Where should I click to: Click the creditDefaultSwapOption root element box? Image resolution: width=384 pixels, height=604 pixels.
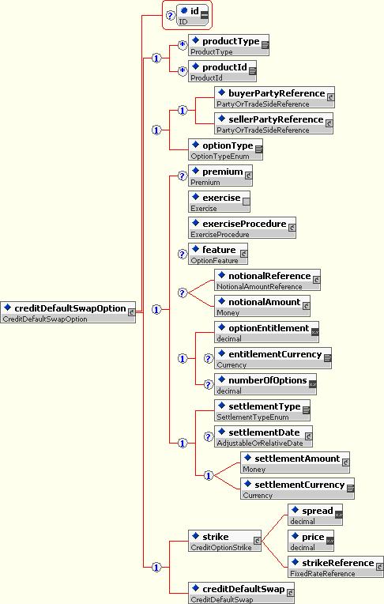pyautogui.click(x=68, y=312)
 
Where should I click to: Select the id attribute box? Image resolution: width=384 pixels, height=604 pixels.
pyautogui.click(x=193, y=15)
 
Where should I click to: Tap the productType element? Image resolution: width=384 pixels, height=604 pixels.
pyautogui.click(x=228, y=45)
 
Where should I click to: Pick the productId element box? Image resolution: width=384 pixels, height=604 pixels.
pyautogui.click(x=222, y=71)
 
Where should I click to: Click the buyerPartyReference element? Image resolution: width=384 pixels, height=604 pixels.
pyautogui.click(x=274, y=97)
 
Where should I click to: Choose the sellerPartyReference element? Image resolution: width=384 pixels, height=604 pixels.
pyautogui.click(x=273, y=123)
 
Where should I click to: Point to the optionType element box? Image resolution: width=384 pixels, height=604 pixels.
pyautogui.click(x=225, y=150)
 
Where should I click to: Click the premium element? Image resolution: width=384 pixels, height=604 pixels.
pyautogui.click(x=220, y=176)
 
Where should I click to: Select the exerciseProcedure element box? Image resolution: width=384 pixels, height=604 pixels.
pyautogui.click(x=242, y=228)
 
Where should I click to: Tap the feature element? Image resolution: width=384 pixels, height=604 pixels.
pyautogui.click(x=218, y=255)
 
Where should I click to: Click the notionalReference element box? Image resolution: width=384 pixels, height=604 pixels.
pyautogui.click(x=267, y=280)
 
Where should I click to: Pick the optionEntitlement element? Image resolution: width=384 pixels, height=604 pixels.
pyautogui.click(x=266, y=332)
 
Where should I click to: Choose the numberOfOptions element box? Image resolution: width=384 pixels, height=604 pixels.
pyautogui.click(x=265, y=384)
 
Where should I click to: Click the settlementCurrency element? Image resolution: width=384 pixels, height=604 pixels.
pyautogui.click(x=297, y=489)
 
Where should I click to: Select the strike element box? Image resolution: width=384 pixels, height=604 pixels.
pyautogui.click(x=224, y=541)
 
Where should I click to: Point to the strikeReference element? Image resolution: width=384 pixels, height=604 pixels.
pyautogui.click(x=336, y=567)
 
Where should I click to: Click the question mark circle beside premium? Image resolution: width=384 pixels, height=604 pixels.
pyautogui.click(x=183, y=176)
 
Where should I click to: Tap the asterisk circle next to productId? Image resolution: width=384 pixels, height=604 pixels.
pyautogui.click(x=183, y=71)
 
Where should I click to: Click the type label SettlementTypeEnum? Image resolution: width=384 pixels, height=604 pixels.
pyautogui.click(x=253, y=417)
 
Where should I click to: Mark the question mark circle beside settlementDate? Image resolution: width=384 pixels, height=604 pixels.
pyautogui.click(x=209, y=437)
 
